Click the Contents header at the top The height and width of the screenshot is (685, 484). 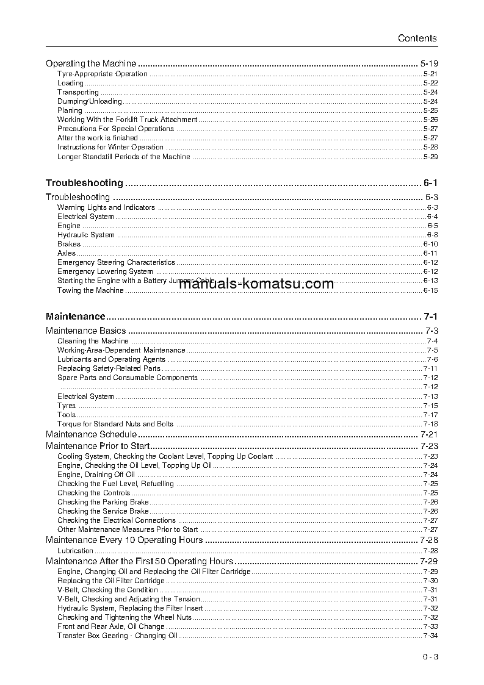[417, 38]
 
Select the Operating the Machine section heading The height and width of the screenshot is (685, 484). [91, 63]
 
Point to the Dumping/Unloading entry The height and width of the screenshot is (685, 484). [90, 101]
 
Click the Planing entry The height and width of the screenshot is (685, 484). [70, 110]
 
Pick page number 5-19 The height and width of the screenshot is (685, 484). [429, 63]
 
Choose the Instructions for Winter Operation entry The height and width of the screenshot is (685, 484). [110, 147]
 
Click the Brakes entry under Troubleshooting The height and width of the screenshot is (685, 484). [69, 244]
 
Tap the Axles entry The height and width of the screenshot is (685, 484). [67, 253]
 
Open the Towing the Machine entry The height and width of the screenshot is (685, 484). [90, 290]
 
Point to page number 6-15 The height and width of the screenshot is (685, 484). [430, 290]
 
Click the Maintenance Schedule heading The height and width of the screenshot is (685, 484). [92, 434]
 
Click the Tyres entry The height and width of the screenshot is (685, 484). [67, 406]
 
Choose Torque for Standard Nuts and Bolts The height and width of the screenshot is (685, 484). [115, 424]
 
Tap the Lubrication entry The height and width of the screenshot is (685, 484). [75, 551]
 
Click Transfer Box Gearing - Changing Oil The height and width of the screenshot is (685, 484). [117, 636]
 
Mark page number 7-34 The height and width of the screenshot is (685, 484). [430, 636]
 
